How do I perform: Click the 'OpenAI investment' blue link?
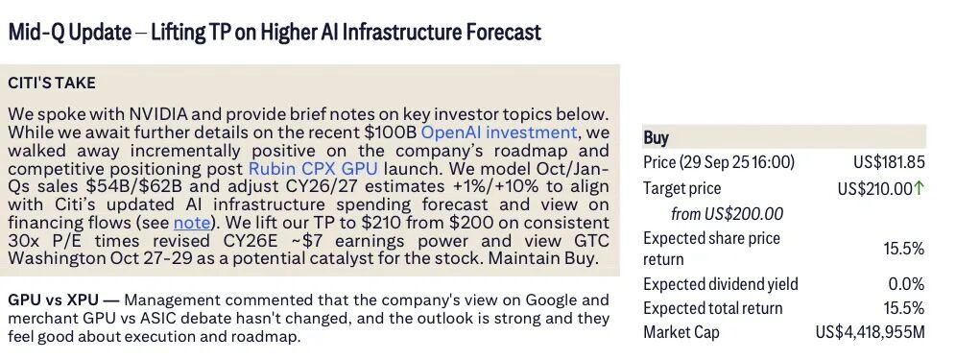tap(499, 132)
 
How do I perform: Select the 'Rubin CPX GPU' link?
tap(313, 168)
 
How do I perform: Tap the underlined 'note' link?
tap(191, 223)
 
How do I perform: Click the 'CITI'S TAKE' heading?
tap(52, 83)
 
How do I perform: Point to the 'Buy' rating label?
tap(656, 138)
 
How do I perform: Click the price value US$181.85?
tap(890, 162)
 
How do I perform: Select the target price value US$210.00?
tap(875, 188)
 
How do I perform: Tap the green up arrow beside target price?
tap(920, 188)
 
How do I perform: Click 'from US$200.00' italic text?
tap(728, 214)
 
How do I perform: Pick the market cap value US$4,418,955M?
tap(870, 332)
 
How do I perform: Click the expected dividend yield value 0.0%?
tap(907, 284)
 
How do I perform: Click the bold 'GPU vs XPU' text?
tap(54, 300)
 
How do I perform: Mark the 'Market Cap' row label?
tap(681, 332)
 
